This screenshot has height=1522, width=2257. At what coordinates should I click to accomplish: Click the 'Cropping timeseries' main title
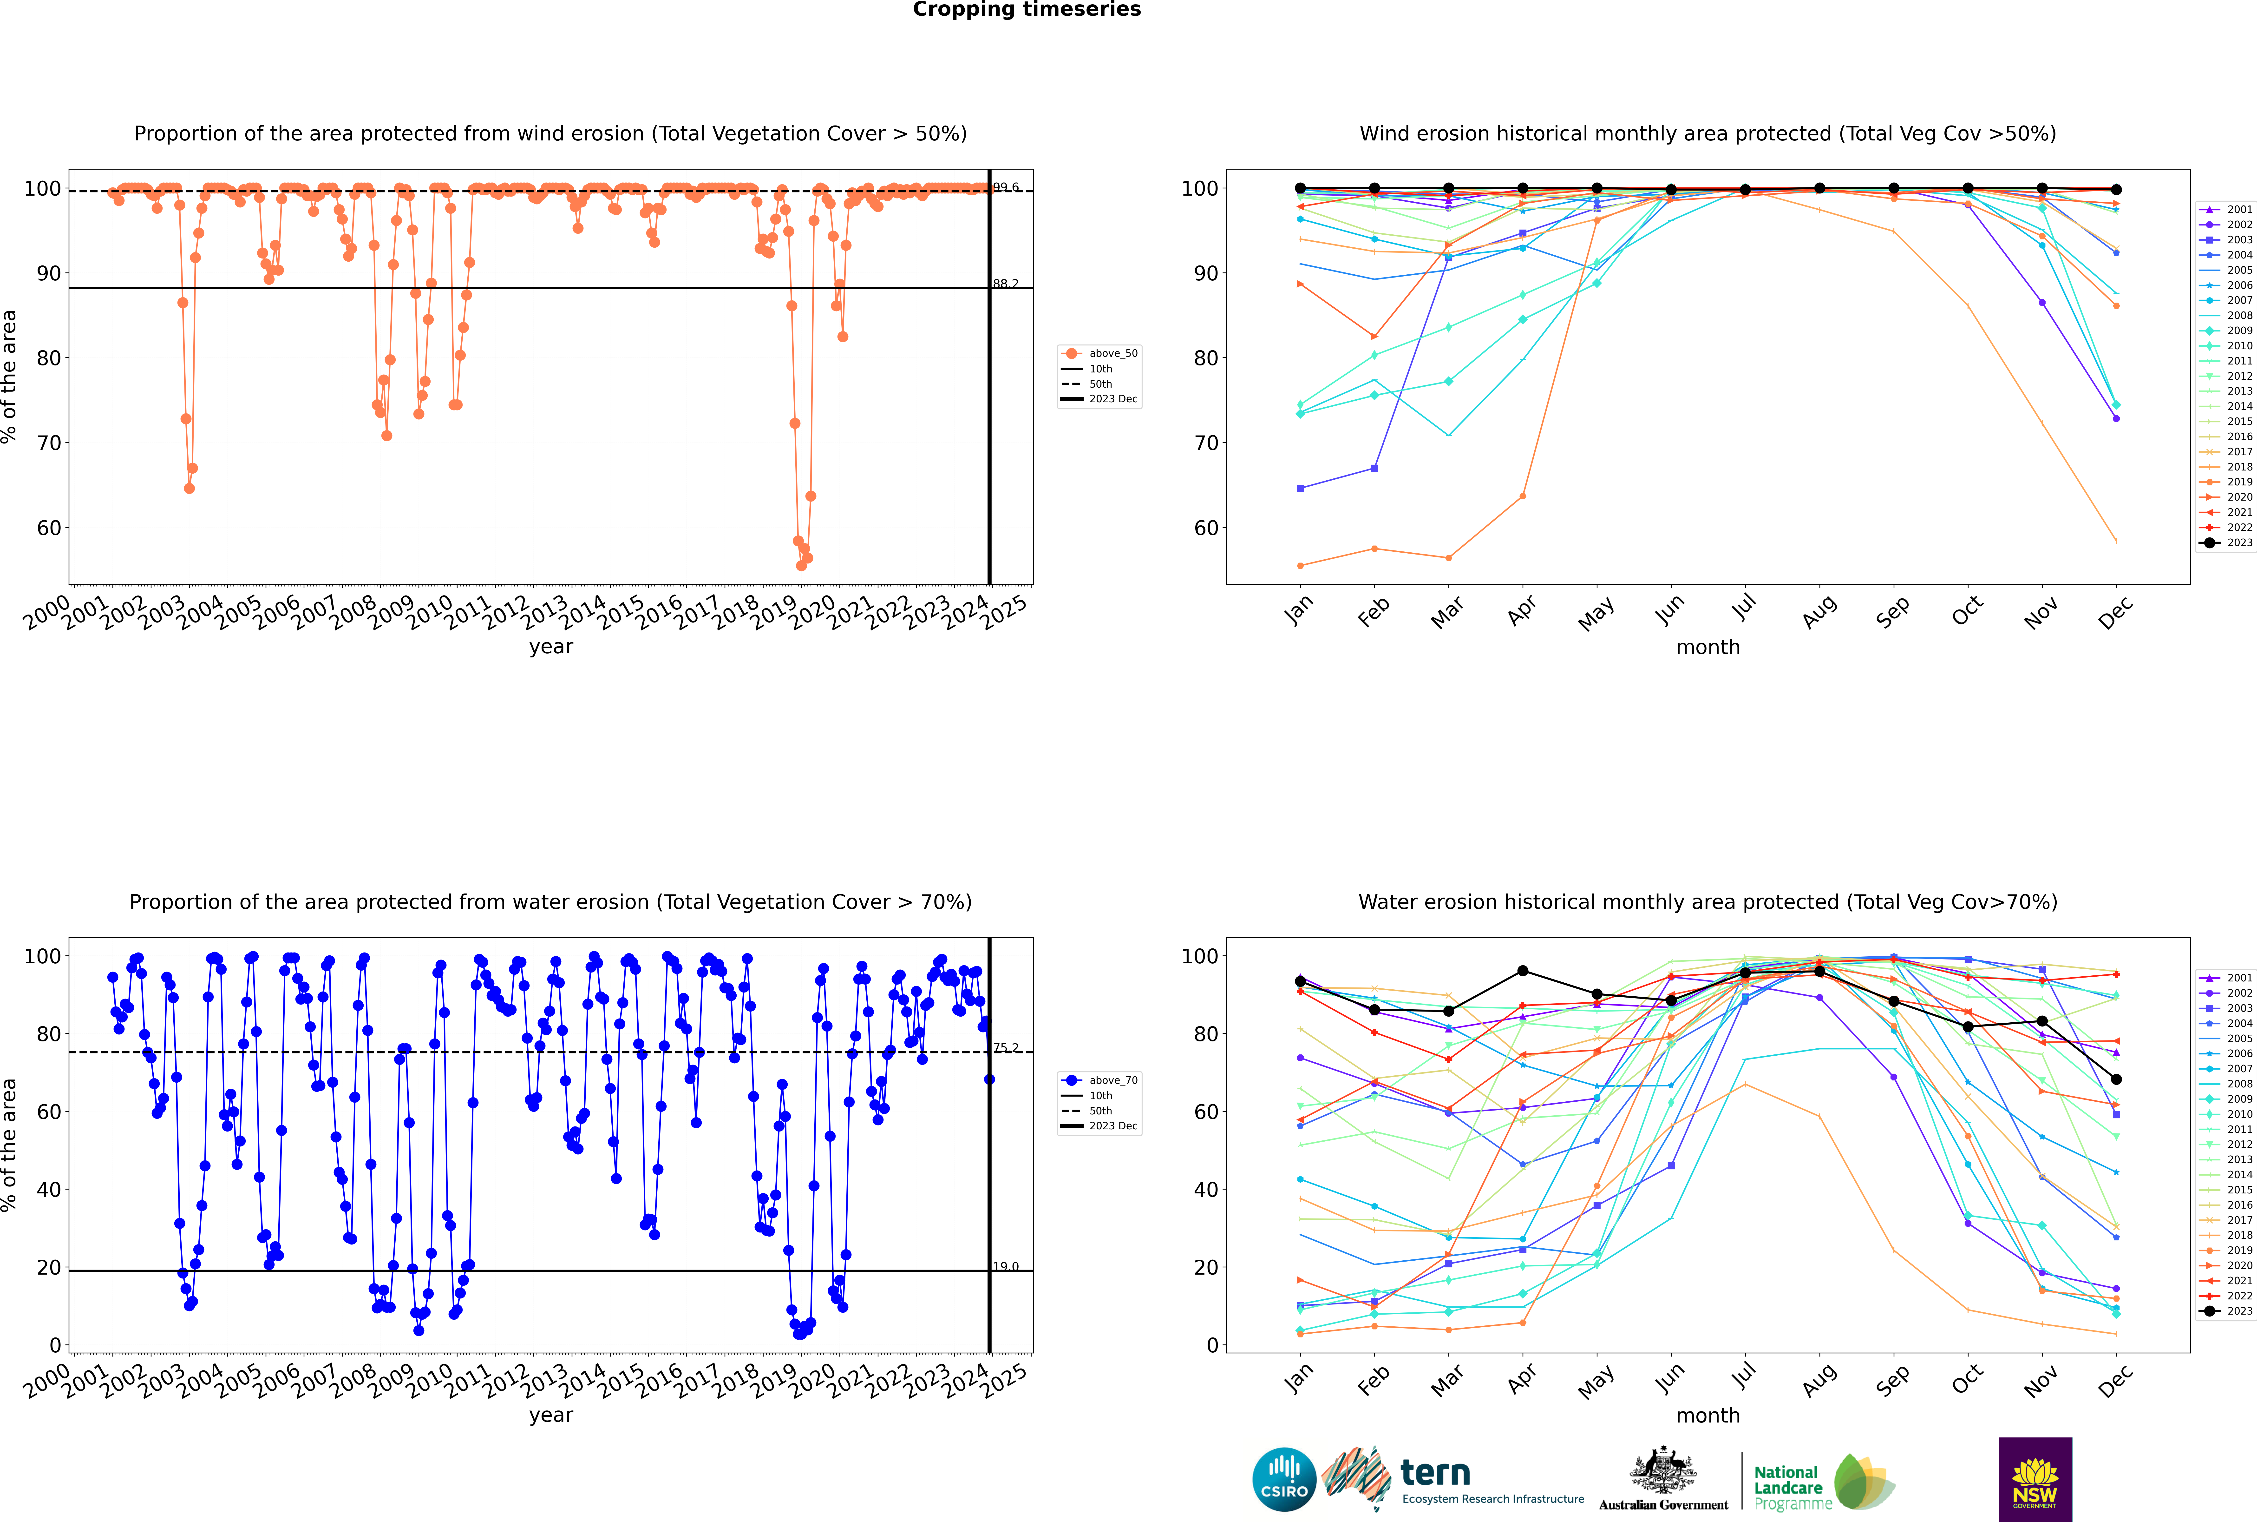tap(1027, 10)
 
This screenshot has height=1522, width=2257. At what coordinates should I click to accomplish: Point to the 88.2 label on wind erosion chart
tap(1005, 284)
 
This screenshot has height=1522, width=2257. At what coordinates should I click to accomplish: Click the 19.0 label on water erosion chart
tap(1005, 1266)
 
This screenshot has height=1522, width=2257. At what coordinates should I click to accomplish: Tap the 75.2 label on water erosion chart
tap(1005, 1047)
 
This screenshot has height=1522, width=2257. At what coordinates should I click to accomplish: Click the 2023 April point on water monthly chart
tap(1523, 971)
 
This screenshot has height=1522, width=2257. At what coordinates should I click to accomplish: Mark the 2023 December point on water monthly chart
tap(2116, 1079)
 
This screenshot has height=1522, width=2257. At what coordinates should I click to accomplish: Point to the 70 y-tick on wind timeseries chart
tap(48, 443)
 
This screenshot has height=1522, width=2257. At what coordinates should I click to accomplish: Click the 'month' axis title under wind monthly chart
tap(1708, 648)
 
